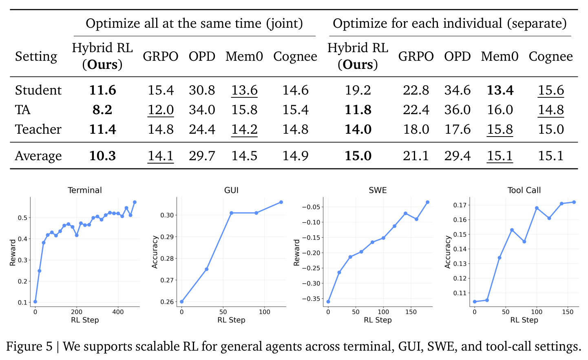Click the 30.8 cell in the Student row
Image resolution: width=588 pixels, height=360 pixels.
pos(201,90)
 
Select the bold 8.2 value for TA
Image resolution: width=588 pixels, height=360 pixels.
pos(102,110)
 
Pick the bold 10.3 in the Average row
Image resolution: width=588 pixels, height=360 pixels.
pos(102,156)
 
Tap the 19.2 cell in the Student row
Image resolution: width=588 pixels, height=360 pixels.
pos(358,90)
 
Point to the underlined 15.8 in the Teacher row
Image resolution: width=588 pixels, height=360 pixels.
pos(500,129)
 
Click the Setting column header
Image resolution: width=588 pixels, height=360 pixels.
pos(36,57)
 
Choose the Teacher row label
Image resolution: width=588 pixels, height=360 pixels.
pos(38,129)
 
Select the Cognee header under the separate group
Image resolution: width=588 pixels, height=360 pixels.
pos(551,56)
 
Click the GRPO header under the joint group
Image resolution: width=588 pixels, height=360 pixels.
pos(160,56)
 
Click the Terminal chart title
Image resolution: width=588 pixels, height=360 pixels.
pos(84,190)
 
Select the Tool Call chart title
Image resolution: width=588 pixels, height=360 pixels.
pos(524,190)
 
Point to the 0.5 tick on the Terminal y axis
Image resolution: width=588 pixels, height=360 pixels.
pos(22,218)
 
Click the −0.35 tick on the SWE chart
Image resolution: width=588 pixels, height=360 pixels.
pos(311,299)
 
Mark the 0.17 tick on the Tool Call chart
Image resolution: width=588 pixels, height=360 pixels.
pos(460,205)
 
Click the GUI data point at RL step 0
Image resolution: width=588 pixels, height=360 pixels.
pos(181,302)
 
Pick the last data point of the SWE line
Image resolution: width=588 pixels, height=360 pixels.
pos(427,202)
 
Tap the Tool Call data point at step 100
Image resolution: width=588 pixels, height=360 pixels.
pos(537,208)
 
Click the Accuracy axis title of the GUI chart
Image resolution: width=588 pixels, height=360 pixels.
pos(155,252)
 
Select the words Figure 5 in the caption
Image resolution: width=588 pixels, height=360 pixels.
pos(29,347)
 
